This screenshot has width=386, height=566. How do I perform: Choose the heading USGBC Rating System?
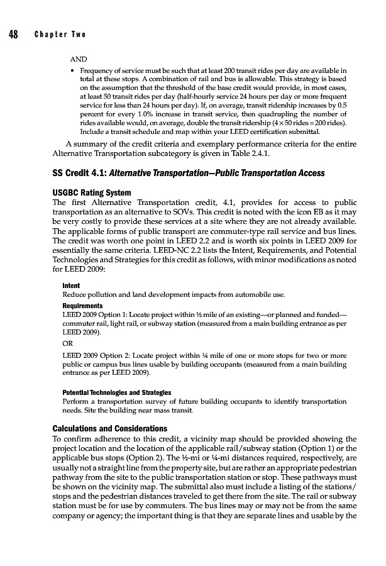pos(92,192)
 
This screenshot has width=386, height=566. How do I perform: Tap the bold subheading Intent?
pos(70,286)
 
